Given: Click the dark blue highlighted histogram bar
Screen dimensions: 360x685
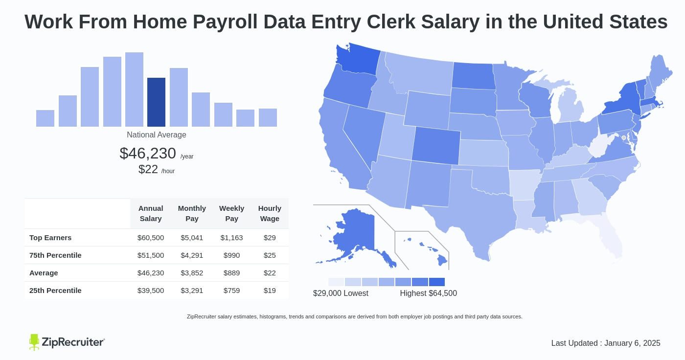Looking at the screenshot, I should tap(156, 102).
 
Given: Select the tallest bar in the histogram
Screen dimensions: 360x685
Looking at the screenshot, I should tap(134, 90).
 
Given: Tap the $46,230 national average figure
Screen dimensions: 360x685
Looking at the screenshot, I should tap(148, 154).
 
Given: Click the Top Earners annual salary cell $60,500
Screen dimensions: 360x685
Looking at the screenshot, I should tap(151, 238).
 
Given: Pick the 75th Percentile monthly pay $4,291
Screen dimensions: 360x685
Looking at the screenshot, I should tap(192, 255).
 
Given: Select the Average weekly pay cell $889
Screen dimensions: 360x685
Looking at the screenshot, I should tap(231, 273).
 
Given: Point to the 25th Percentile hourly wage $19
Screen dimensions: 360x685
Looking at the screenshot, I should tap(270, 291).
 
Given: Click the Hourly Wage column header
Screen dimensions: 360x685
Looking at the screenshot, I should tap(270, 213).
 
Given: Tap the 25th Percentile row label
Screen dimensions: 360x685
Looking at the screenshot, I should tap(55, 291).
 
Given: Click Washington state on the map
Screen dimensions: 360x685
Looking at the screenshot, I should tap(357, 61).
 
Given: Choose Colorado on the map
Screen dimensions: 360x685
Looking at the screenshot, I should tap(436, 145).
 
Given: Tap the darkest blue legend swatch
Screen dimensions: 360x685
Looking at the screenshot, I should tap(436, 282).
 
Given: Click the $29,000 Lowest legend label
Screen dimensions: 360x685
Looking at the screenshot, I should tap(341, 293).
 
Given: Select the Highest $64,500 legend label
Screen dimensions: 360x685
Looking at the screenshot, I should tap(428, 293).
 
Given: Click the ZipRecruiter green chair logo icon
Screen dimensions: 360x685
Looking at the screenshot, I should tap(34, 342).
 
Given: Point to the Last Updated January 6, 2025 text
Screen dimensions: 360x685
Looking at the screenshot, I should tap(606, 343).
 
